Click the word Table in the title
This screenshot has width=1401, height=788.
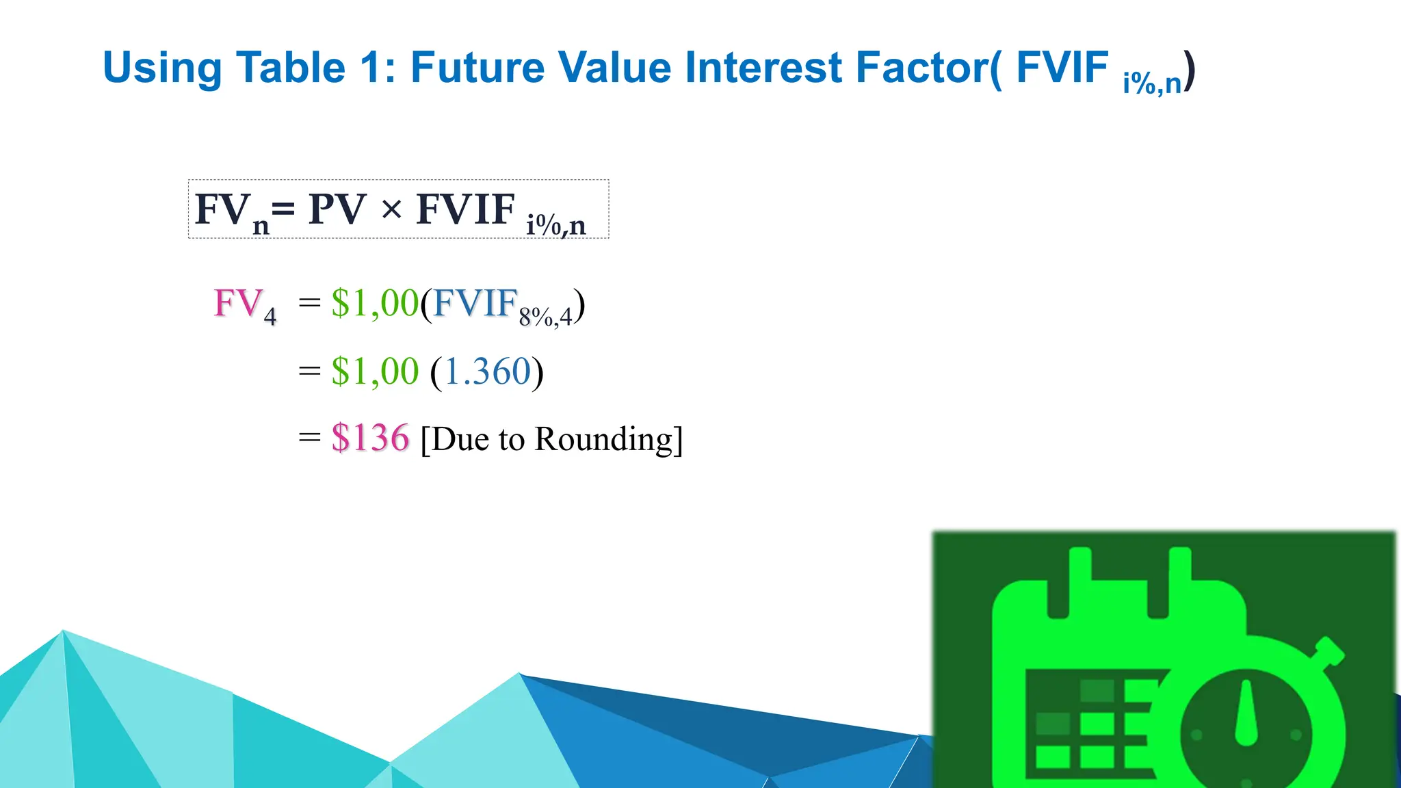click(291, 68)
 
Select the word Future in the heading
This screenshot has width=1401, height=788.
click(477, 68)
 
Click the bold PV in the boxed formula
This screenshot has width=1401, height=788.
click(337, 209)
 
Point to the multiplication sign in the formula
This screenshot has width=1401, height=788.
click(391, 209)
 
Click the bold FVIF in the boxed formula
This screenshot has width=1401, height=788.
click(465, 209)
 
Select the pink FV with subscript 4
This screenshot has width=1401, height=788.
click(244, 304)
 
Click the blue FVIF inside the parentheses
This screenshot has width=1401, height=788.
click(475, 303)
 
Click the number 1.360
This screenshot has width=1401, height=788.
click(487, 372)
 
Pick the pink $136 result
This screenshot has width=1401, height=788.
click(370, 438)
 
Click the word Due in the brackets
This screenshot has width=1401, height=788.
click(460, 439)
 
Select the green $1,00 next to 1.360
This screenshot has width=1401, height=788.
click(375, 372)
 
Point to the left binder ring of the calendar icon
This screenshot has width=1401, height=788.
click(1079, 581)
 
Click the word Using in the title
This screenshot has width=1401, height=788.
click(162, 69)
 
